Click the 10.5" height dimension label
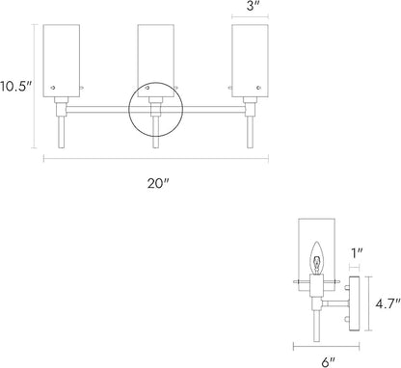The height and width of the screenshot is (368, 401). (x=15, y=87)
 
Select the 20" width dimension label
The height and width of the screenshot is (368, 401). (x=158, y=184)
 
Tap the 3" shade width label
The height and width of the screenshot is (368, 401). (x=251, y=6)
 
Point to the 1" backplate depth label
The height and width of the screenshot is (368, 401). (x=356, y=253)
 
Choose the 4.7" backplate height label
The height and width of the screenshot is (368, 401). (x=388, y=303)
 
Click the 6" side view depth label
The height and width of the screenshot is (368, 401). (x=328, y=362)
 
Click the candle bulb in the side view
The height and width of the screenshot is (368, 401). (x=317, y=258)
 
